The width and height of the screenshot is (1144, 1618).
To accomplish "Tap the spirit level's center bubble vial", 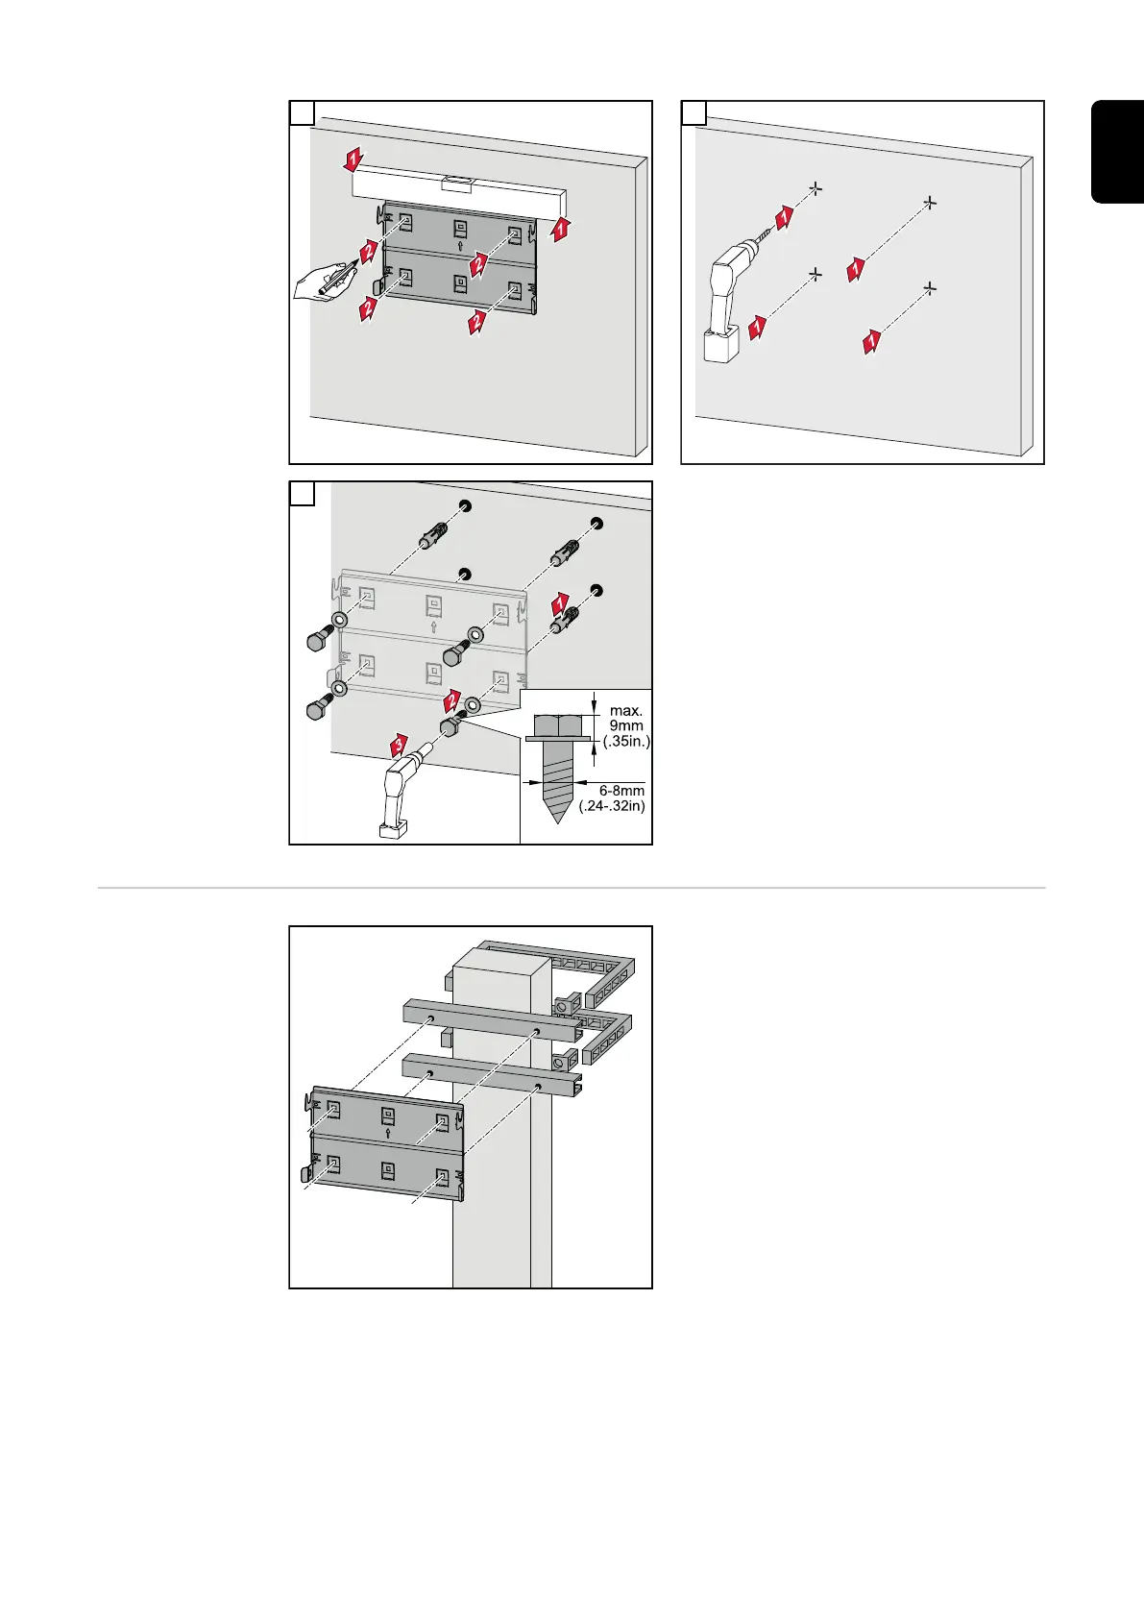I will (x=455, y=180).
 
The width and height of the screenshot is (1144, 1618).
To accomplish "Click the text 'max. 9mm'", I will (x=626, y=719).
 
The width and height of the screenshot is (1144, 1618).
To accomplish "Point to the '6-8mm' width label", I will (x=621, y=791).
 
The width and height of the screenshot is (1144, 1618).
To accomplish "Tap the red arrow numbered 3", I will (x=399, y=743).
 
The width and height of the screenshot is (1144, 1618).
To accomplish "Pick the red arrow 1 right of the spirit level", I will (x=562, y=229).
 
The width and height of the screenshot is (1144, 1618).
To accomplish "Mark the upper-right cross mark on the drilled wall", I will (x=929, y=203).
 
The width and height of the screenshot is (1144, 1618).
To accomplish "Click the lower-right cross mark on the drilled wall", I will (x=929, y=286).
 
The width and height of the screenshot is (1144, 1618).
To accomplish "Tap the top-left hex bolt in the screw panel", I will (x=319, y=642).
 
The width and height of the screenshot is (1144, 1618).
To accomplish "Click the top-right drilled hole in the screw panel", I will (x=596, y=522).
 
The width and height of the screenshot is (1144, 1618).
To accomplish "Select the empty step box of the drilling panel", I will (x=694, y=112).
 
